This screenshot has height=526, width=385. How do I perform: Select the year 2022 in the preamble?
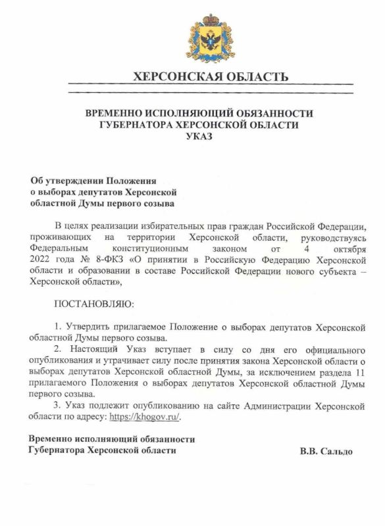coord(42,261)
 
